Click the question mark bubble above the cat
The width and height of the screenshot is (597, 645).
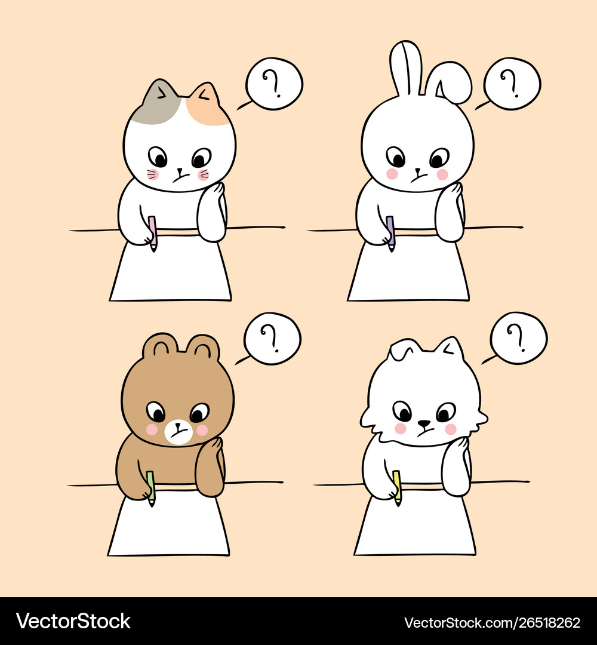[x=274, y=84]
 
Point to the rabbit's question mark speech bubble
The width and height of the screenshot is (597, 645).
[x=512, y=84]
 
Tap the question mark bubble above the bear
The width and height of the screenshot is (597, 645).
[x=272, y=339]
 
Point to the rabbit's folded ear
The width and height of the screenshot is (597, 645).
[x=450, y=82]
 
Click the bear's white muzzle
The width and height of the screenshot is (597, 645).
[x=179, y=432]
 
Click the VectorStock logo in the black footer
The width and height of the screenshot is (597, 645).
[x=73, y=621]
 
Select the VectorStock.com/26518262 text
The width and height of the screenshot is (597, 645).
[x=492, y=622]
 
